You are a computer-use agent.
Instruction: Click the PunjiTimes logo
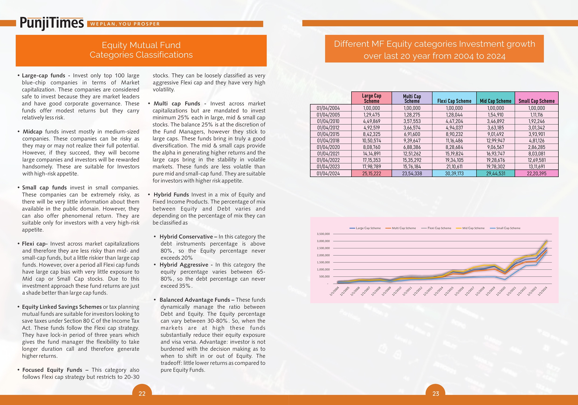point(52,23)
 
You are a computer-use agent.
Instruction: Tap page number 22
point(142,393)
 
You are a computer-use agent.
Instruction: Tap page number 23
point(436,393)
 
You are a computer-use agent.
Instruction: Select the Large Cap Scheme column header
point(372,98)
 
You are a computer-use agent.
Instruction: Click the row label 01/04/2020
point(328,147)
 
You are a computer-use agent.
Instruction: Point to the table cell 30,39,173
point(454,173)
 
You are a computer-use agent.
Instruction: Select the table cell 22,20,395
point(537,173)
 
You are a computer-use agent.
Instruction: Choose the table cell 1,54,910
point(495,115)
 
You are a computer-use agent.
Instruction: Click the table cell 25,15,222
point(372,173)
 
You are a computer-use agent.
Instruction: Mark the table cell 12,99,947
point(495,141)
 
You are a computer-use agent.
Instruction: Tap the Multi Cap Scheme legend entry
point(401,228)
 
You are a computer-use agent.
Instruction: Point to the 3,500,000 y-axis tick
point(323,234)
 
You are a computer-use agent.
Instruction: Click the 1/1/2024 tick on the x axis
point(543,291)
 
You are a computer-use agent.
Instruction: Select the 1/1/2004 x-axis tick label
point(334,291)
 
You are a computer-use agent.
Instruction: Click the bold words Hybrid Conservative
point(186,236)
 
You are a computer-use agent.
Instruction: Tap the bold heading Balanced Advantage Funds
point(195,300)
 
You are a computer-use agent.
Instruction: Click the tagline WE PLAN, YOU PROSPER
point(125,24)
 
